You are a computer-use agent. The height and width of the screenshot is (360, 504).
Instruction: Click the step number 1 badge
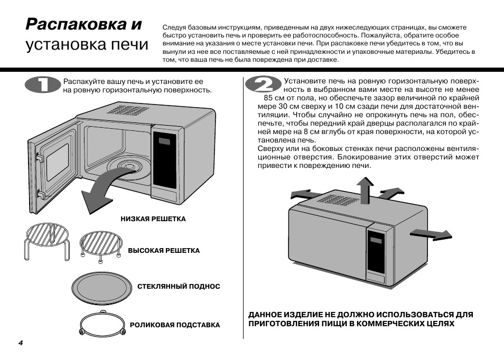pos(43,86)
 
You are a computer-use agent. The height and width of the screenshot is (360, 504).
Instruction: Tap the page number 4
pos(21,343)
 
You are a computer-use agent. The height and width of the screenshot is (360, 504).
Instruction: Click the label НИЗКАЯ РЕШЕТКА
pos(153,219)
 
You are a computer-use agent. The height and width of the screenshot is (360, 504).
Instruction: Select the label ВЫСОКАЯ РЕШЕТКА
pos(164,251)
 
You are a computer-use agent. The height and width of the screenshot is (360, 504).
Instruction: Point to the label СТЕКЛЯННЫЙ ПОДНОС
pos(179,287)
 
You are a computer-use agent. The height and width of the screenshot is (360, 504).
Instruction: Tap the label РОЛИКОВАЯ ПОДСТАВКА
pos(175,325)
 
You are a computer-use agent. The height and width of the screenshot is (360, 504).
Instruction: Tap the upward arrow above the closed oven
pos(364,188)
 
